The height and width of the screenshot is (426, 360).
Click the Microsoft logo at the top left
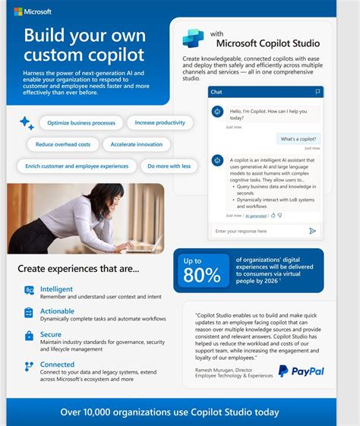[33, 12]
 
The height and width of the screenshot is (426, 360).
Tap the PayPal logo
[301, 371]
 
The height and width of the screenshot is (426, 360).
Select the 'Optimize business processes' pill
[81, 122]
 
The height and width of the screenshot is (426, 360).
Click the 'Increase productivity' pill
[160, 122]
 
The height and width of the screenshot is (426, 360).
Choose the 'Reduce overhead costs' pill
[63, 144]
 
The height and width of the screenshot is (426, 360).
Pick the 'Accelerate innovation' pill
[137, 144]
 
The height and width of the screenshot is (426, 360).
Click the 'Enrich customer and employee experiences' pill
[77, 166]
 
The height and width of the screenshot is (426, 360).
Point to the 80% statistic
[201, 275]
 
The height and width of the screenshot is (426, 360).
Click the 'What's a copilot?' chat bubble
[298, 139]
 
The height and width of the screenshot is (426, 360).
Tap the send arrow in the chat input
[312, 231]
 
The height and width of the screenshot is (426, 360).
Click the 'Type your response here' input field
[254, 231]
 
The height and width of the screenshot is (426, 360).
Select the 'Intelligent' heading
[57, 289]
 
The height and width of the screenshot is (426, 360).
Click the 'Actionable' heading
[58, 311]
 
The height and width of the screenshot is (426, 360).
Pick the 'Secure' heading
[51, 334]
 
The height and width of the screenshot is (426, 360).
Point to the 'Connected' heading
[58, 364]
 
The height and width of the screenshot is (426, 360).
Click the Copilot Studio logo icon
[193, 39]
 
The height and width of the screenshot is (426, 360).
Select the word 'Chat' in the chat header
[216, 92]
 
